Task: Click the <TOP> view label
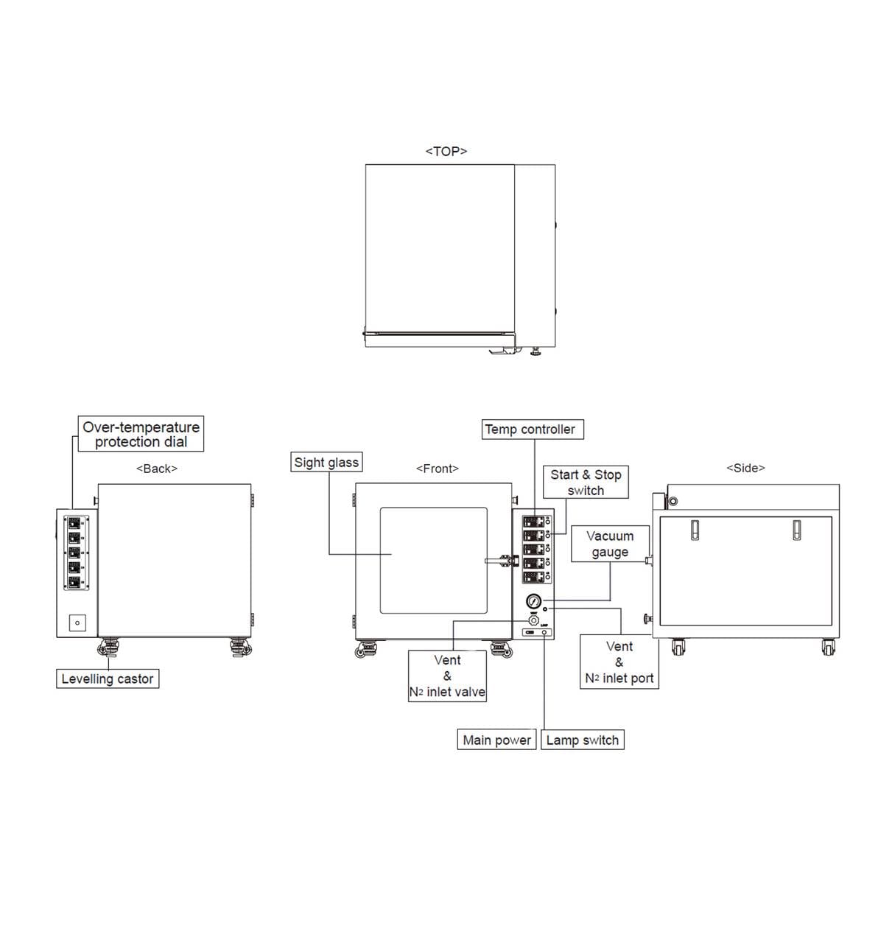click(446, 151)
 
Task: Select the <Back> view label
click(156, 469)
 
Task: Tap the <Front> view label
click(437, 469)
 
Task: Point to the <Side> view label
click(745, 468)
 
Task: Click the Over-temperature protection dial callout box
click(141, 435)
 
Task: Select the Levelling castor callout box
click(108, 679)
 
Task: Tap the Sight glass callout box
click(326, 463)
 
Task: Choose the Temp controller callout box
click(530, 430)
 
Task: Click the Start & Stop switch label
click(586, 483)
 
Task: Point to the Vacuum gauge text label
click(610, 544)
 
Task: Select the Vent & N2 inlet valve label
click(447, 676)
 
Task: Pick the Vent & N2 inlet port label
click(619, 662)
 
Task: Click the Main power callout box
click(496, 740)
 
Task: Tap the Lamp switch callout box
click(582, 740)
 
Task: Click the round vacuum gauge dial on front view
click(534, 601)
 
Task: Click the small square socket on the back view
click(77, 623)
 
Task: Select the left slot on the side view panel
click(694, 530)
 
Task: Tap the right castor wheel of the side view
click(829, 648)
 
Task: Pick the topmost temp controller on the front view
click(533, 522)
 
